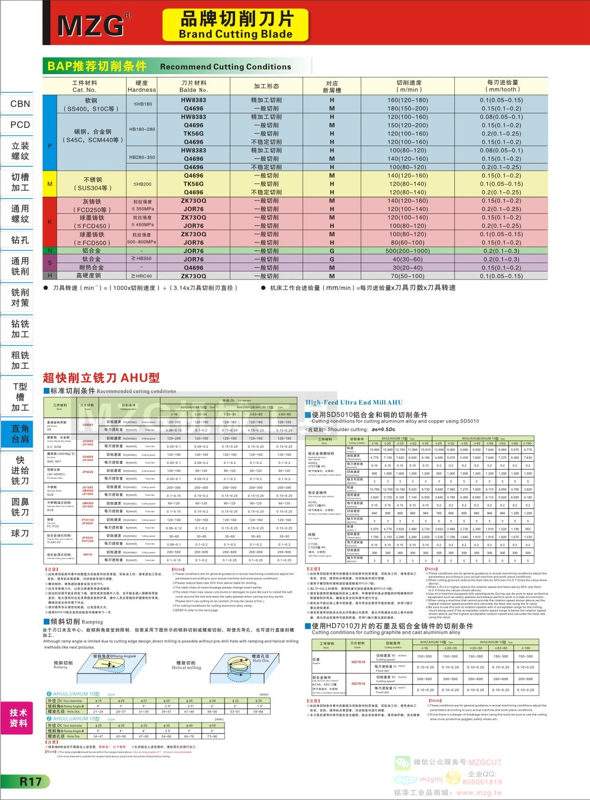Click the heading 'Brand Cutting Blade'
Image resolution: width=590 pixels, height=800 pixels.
click(x=236, y=34)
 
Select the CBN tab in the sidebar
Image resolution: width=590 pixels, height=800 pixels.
click(x=20, y=104)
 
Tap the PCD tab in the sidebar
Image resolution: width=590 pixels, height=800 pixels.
click(x=20, y=125)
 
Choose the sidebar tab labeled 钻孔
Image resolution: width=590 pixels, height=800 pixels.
click(x=20, y=240)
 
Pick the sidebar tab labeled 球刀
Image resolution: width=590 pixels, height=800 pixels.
click(x=20, y=533)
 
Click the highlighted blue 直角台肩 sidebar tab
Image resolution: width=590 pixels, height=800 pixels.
click(x=20, y=434)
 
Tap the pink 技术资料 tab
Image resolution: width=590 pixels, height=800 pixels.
click(x=18, y=718)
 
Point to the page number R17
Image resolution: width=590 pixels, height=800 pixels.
click(x=30, y=781)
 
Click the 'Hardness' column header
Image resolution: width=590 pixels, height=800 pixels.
click(x=141, y=89)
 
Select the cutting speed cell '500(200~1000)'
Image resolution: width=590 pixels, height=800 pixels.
click(x=407, y=251)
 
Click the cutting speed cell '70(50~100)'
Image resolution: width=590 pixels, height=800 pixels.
click(x=407, y=276)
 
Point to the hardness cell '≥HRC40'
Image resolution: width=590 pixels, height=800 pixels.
click(x=141, y=276)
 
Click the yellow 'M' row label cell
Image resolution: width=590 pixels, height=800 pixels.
click(x=49, y=184)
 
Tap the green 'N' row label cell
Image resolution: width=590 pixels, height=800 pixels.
click(x=49, y=251)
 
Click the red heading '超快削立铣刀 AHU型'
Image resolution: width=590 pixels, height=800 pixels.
click(x=101, y=378)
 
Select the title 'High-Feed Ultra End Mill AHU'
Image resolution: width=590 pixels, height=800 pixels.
click(x=354, y=402)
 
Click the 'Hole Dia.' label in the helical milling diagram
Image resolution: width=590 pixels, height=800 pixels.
click(x=261, y=661)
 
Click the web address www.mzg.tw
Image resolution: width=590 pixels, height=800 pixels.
click(x=479, y=792)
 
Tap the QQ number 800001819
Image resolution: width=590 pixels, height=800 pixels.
click(x=482, y=782)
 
